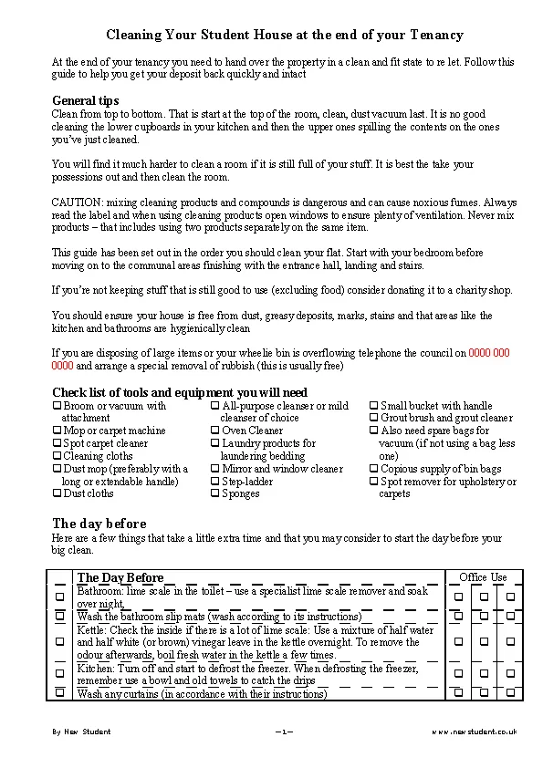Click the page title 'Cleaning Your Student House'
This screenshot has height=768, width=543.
(285, 35)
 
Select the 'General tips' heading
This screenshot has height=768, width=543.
(86, 100)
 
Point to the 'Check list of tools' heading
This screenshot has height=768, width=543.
(180, 392)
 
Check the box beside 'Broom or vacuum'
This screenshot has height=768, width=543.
(57, 406)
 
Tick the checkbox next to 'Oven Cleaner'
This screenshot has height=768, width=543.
(215, 431)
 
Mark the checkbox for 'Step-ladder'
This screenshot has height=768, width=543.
(215, 481)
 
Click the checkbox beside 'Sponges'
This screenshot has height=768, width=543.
(215, 493)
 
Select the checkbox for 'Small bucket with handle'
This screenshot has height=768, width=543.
(374, 406)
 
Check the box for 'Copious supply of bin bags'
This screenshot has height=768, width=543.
(374, 469)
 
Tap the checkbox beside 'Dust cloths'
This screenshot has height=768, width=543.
(57, 493)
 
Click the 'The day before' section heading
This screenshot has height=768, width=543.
(99, 524)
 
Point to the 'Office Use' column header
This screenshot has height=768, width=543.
(483, 577)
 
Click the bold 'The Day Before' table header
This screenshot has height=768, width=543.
(120, 577)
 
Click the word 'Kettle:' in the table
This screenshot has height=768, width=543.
(91, 630)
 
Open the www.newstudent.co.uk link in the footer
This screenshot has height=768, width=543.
(474, 732)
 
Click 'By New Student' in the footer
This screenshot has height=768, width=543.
(81, 732)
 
